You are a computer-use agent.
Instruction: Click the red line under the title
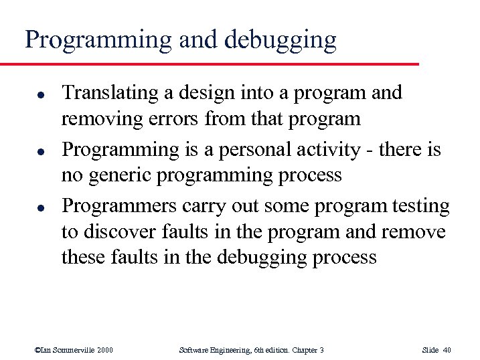pyautogui.click(x=208, y=64)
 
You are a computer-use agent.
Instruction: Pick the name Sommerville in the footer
pyautogui.click(x=71, y=349)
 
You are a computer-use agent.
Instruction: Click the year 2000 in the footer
pyautogui.click(x=103, y=349)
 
